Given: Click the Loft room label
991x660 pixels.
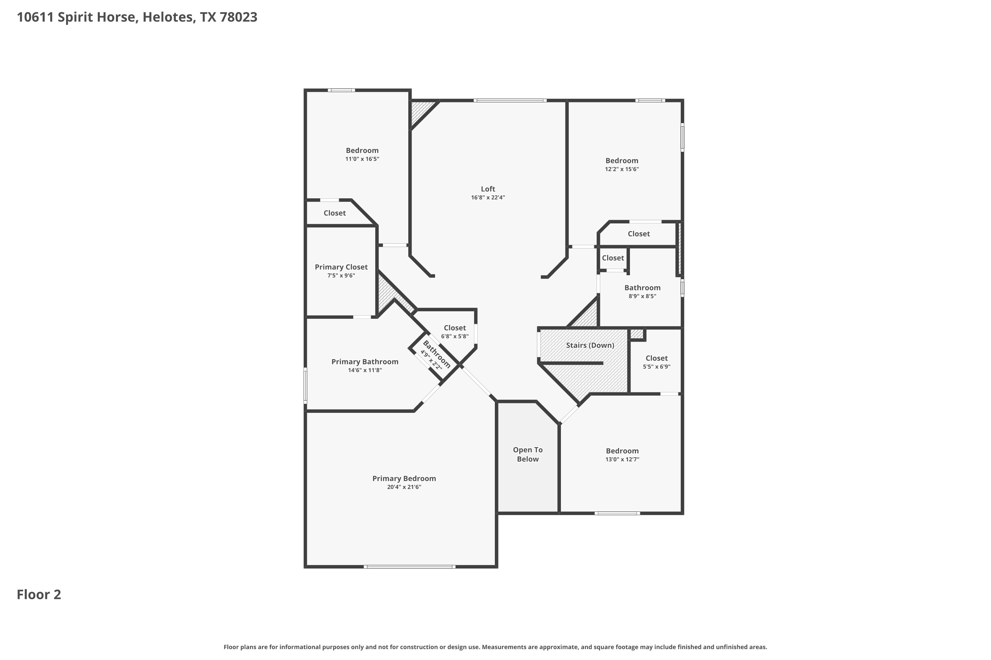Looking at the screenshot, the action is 488,189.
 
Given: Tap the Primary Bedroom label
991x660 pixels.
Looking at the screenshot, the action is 404,478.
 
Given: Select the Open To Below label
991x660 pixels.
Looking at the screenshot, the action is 528,455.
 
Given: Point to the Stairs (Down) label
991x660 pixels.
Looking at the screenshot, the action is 590,345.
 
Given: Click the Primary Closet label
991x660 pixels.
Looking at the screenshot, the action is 341,267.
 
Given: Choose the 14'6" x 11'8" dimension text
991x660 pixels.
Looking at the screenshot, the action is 365,370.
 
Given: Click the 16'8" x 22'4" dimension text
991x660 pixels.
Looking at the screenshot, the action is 488,197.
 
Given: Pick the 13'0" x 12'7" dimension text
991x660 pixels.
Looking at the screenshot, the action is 622,459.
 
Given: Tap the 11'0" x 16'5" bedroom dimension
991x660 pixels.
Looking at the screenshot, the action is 362,159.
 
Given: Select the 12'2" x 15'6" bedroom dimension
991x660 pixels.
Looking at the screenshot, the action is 622,169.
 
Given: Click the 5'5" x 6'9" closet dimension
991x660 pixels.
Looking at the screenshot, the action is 656,367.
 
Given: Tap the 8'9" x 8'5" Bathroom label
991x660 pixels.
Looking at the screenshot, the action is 642,292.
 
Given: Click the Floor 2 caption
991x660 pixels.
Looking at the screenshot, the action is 39,595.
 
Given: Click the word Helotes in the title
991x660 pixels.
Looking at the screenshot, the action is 168,17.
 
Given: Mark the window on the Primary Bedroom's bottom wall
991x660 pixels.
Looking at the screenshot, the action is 410,567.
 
